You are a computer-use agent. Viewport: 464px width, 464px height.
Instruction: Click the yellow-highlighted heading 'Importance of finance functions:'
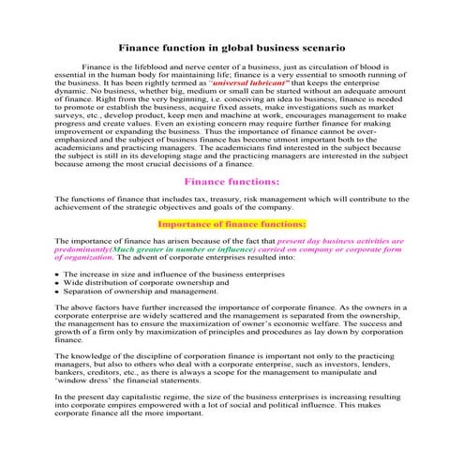point(232,225)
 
